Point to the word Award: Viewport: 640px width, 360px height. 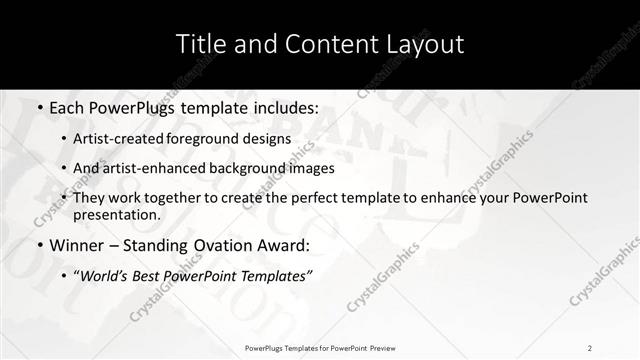coord(284,246)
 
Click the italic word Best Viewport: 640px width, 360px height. coord(152,276)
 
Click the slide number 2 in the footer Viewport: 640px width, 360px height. coord(590,347)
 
